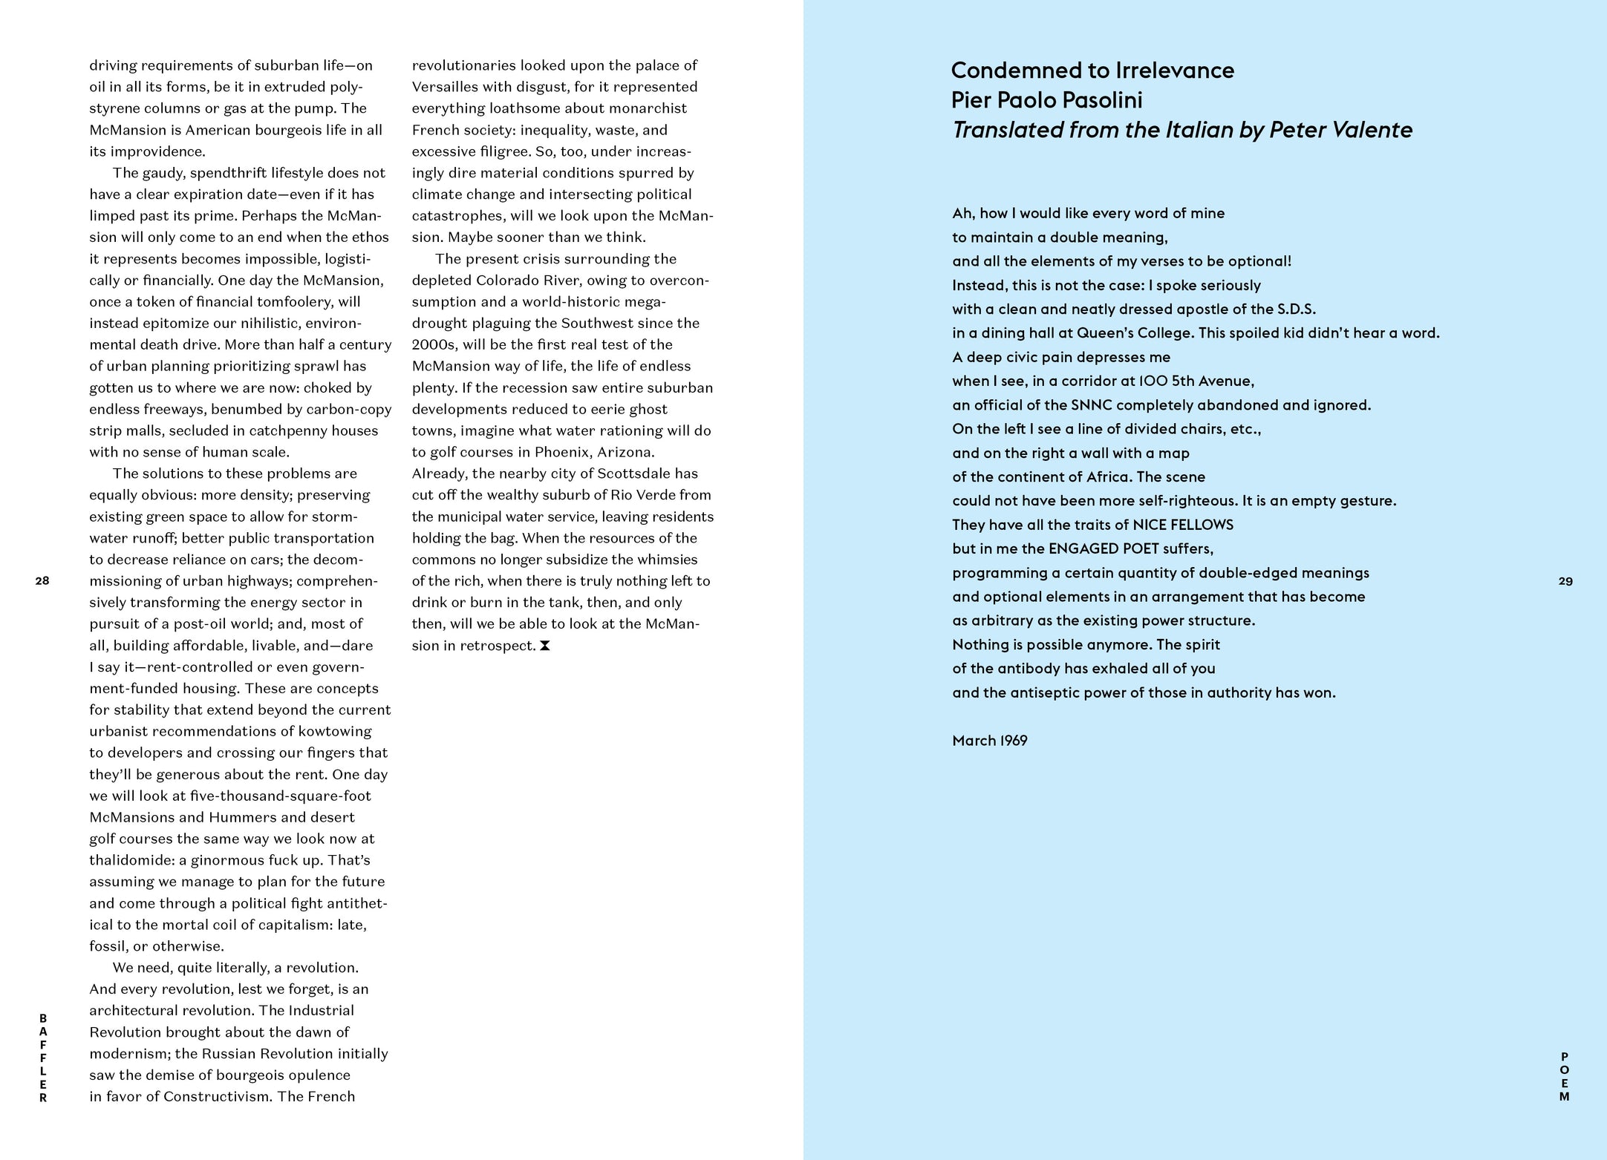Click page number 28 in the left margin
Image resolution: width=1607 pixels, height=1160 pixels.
[42, 580]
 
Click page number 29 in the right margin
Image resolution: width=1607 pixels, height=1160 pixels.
[1565, 581]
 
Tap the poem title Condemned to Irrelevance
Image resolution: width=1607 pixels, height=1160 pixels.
[1092, 71]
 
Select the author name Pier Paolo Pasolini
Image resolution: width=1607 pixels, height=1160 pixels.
[1046, 100]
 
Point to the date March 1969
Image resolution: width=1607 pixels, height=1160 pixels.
[989, 741]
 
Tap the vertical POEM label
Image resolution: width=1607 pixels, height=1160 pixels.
[1565, 1076]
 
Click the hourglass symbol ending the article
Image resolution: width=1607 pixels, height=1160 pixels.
[545, 646]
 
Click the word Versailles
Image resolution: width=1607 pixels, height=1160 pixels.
[445, 87]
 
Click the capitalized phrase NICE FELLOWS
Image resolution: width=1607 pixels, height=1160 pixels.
[1182, 525]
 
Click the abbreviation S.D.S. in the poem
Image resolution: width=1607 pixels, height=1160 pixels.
[1296, 309]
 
